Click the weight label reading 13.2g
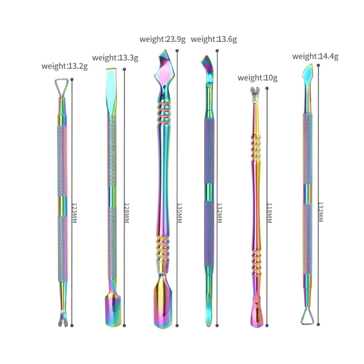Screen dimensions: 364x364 point(65,66)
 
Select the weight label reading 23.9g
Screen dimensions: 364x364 point(162,39)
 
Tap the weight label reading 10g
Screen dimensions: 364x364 point(258,78)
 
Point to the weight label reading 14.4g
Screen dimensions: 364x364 point(315,56)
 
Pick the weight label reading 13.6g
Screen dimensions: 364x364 point(214,39)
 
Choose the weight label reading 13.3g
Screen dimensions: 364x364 point(115,58)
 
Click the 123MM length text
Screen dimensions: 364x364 point(74,213)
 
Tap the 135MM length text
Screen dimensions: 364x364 point(179,213)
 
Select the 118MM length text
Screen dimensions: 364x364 point(269,213)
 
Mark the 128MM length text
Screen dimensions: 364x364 point(126,213)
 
